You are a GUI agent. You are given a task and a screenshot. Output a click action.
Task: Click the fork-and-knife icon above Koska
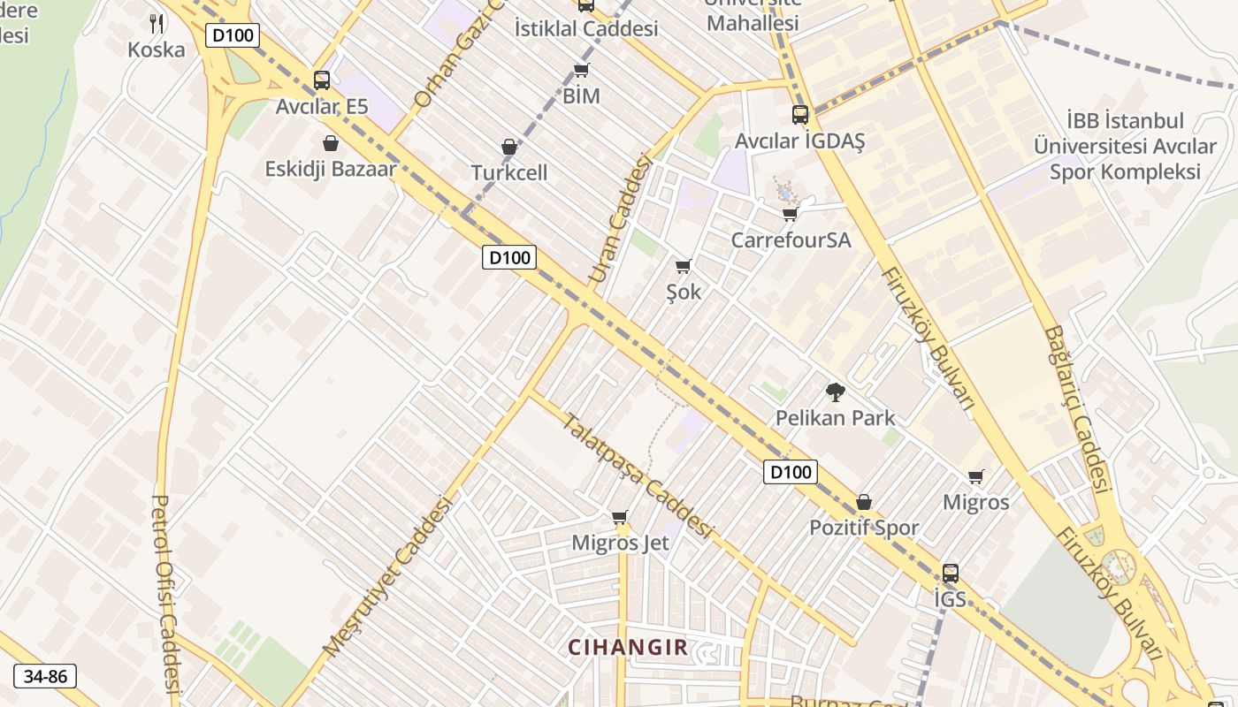157,23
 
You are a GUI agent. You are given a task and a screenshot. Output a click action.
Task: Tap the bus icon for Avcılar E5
322,80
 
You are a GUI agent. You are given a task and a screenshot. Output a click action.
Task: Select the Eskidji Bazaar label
330,169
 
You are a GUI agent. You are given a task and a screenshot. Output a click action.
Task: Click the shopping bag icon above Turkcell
509,147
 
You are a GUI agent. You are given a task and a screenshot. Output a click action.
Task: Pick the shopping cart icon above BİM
581,71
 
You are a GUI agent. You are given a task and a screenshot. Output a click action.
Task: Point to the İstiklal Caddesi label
585,28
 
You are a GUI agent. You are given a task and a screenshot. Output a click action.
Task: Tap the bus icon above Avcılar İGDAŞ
800,115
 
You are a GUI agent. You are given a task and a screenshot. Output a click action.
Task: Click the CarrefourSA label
791,239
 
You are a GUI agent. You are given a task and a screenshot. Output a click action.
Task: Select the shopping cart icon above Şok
683,266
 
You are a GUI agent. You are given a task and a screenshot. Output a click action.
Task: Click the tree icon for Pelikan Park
835,392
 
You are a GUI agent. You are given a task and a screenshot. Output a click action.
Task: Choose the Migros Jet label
620,543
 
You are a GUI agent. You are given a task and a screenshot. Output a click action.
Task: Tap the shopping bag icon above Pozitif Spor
864,502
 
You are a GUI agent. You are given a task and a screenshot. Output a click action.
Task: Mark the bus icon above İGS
951,573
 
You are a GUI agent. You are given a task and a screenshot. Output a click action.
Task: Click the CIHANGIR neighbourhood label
628,647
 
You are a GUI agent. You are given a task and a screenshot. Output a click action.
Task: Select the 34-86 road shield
45,676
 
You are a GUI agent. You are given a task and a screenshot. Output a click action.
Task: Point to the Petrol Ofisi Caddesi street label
165,592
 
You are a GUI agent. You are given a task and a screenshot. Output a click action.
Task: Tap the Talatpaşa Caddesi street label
638,475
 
